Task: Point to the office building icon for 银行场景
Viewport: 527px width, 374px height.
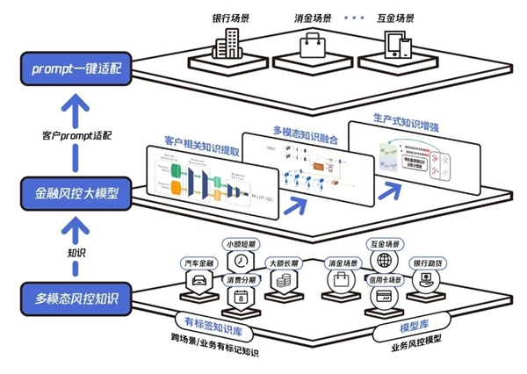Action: click(x=231, y=43)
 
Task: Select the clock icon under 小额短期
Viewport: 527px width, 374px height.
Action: click(x=238, y=263)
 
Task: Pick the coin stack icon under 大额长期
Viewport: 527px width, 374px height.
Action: click(x=284, y=280)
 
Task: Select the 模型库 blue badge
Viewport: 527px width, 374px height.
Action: click(x=391, y=327)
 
